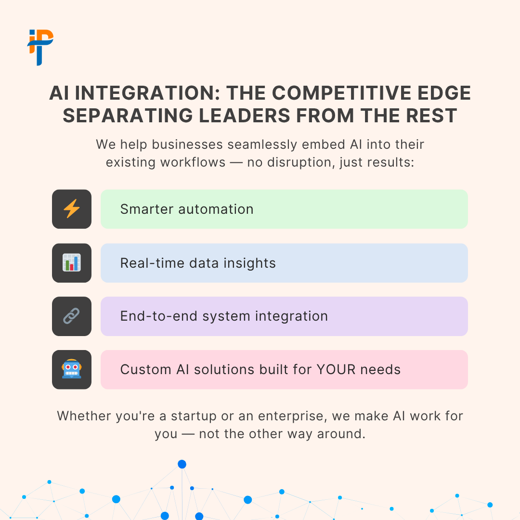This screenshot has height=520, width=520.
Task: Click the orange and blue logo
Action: coord(40,47)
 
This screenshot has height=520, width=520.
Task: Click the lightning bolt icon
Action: coord(72,209)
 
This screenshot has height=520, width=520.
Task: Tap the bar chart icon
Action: coord(72,263)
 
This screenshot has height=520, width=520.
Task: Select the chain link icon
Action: coord(72,316)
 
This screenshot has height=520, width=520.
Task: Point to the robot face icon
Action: coord(72,369)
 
